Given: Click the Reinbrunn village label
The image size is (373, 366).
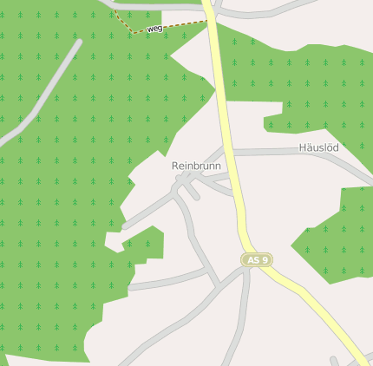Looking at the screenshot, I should pos(196,166).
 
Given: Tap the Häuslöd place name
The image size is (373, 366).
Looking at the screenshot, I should pos(318,147).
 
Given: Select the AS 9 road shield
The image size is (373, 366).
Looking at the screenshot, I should pos(257,259).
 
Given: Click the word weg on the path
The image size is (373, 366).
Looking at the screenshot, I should pos(154,29).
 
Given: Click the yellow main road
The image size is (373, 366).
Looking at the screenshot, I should pos(227,130).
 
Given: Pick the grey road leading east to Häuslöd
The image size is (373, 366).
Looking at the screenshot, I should pos(278,152).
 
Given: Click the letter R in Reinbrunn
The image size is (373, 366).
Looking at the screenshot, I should pos(175,166).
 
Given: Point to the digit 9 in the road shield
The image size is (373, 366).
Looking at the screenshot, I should pos(265,259).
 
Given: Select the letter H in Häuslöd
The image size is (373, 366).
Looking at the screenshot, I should pos(303,147).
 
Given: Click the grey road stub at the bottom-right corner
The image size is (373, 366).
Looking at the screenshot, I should pos(333,361).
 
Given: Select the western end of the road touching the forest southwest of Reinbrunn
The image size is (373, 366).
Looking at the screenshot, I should pos(126,225).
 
